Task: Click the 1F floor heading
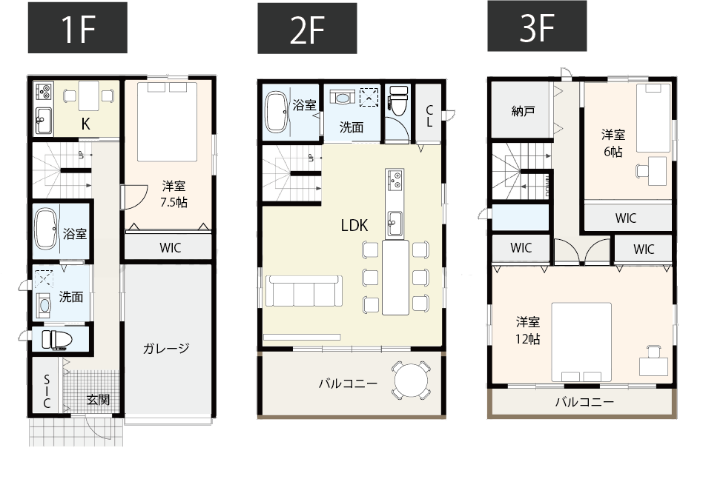click(x=77, y=27)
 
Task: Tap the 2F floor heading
click(x=307, y=29)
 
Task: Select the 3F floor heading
click(x=537, y=27)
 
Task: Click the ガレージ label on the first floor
click(x=167, y=348)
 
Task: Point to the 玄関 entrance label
click(x=98, y=400)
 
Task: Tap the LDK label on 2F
click(x=354, y=226)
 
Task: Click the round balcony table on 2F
click(x=412, y=381)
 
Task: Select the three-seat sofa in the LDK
click(x=303, y=291)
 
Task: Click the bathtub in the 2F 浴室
click(x=277, y=113)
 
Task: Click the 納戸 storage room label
click(x=523, y=112)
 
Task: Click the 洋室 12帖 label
click(x=527, y=330)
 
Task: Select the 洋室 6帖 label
click(x=612, y=143)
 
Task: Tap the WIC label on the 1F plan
click(x=170, y=247)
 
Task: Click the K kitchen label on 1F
click(x=86, y=124)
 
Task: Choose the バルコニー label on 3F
click(x=584, y=403)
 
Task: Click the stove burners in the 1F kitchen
click(x=43, y=92)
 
